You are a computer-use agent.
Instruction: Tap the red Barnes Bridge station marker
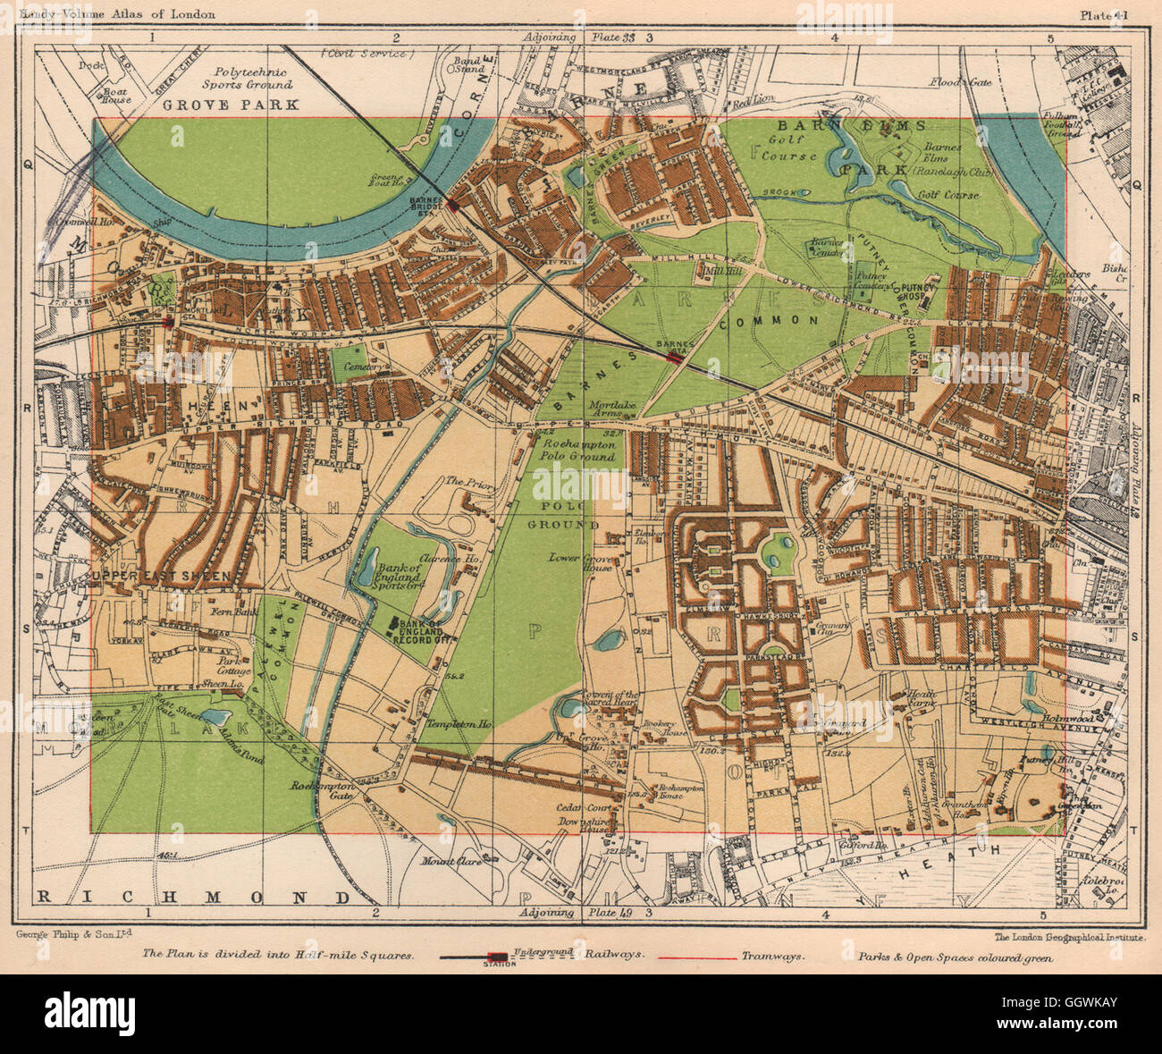455,206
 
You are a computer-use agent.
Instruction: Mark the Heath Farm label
921,693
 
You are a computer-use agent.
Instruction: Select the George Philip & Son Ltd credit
74,935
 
